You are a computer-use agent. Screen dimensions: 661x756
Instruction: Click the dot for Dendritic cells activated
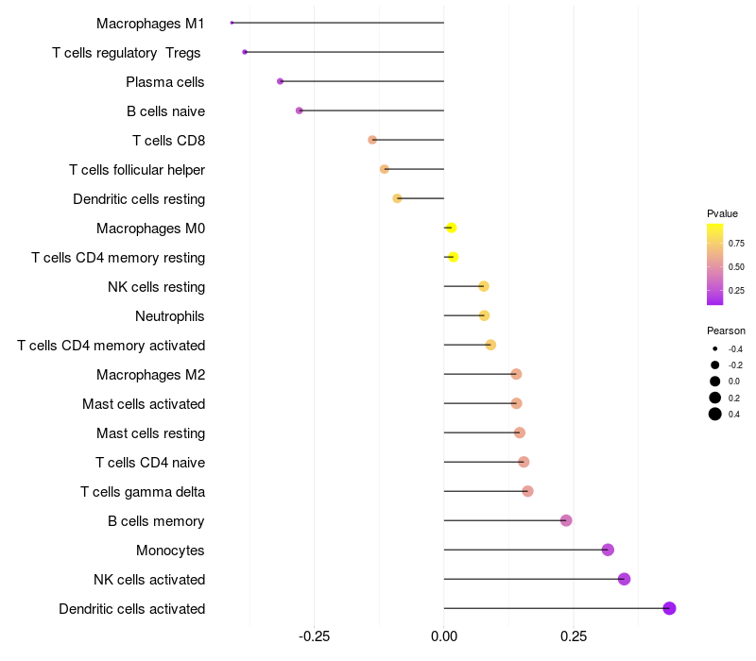pyautogui.click(x=669, y=608)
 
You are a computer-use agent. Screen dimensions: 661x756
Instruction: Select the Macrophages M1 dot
pyautogui.click(x=232, y=23)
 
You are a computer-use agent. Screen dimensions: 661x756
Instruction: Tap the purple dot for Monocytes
pyautogui.click(x=608, y=550)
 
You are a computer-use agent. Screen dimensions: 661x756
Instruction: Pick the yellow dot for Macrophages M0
pyautogui.click(x=451, y=228)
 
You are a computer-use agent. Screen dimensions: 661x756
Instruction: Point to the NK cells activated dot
pyautogui.click(x=624, y=579)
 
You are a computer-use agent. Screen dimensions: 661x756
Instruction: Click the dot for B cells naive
pyautogui.click(x=300, y=110)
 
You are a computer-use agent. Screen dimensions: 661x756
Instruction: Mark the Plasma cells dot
pyautogui.click(x=280, y=81)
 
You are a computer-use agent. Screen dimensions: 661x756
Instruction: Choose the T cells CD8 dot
pyautogui.click(x=372, y=140)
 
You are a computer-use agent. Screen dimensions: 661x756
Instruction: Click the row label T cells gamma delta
pyautogui.click(x=143, y=492)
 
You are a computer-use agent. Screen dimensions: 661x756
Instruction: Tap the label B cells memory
pyautogui.click(x=157, y=521)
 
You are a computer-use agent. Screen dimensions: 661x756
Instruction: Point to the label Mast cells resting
pyautogui.click(x=150, y=433)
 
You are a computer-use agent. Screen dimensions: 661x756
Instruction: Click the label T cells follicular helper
pyautogui.click(x=137, y=170)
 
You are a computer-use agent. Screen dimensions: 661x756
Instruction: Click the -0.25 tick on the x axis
pyautogui.click(x=314, y=636)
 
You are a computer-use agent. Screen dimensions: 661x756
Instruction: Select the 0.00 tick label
pyautogui.click(x=444, y=636)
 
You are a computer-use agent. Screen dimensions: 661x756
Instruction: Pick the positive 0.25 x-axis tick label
pyautogui.click(x=574, y=636)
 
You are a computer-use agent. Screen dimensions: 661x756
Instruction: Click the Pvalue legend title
pyautogui.click(x=722, y=213)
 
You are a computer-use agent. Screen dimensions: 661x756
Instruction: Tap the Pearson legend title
pyautogui.click(x=726, y=331)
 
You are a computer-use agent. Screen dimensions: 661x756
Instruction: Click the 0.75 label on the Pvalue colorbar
pyautogui.click(x=737, y=243)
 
